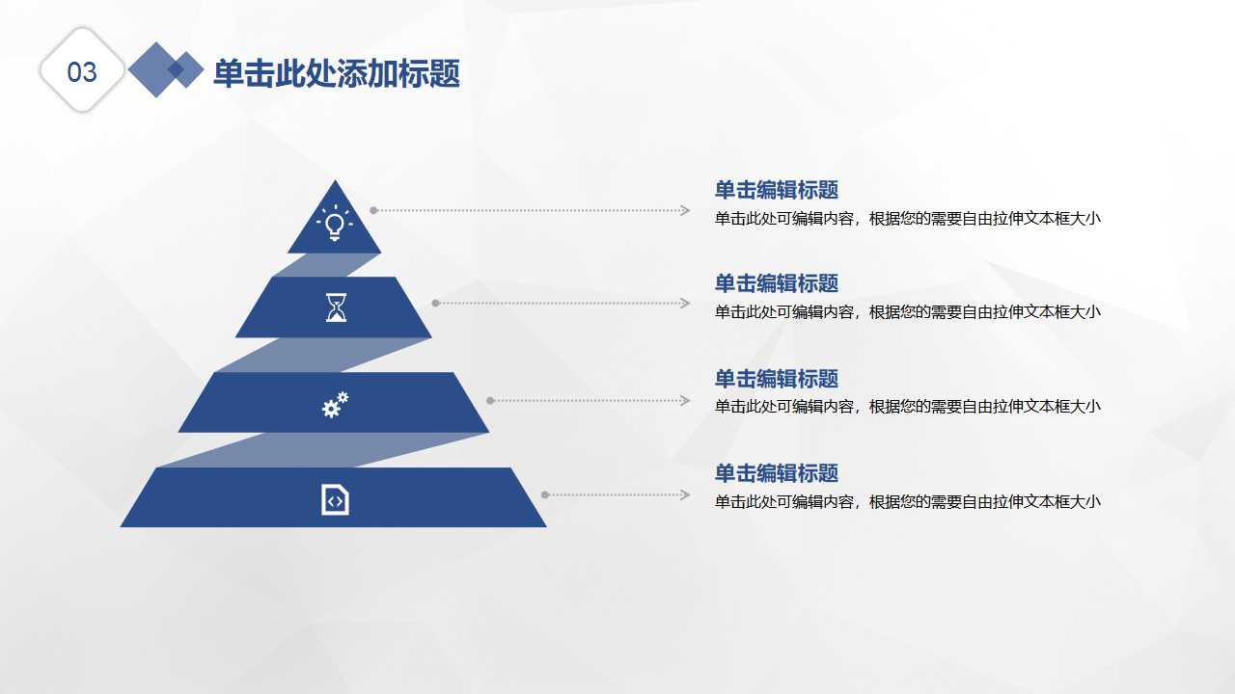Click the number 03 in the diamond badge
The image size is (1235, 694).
pos(82,72)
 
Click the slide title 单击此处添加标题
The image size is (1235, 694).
pos(336,73)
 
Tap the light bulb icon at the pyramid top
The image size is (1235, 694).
pos(335,224)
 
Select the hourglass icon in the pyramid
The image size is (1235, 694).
pos(335,307)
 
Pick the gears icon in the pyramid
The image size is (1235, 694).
pos(335,405)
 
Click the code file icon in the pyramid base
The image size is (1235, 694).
pos(335,499)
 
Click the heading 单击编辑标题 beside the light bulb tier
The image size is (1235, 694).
pos(776,190)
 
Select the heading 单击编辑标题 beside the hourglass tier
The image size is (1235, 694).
pos(776,283)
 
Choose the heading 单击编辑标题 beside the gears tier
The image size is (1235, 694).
pos(776,379)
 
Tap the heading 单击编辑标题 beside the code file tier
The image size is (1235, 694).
pos(776,473)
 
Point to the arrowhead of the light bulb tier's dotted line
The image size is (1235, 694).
pos(685,210)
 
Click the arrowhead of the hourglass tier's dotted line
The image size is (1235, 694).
pos(685,304)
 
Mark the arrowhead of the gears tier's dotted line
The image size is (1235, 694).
pos(685,400)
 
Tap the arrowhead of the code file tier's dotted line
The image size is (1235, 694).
pos(685,494)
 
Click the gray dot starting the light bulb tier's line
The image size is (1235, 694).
pos(373,210)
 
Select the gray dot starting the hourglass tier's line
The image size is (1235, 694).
pos(435,304)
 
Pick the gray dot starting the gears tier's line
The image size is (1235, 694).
pos(490,400)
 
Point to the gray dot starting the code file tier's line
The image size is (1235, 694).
pos(545,494)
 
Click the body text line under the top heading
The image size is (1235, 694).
pos(907,219)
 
